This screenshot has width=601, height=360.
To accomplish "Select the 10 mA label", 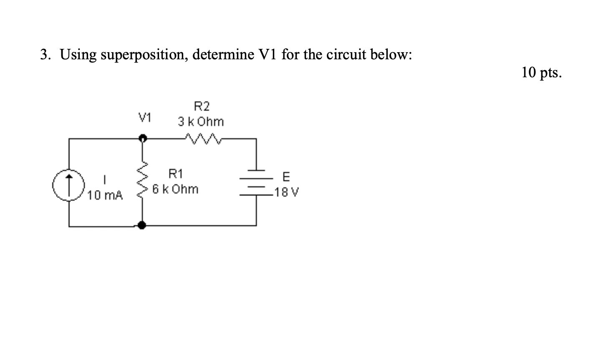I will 106,195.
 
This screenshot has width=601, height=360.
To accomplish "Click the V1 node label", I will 145,117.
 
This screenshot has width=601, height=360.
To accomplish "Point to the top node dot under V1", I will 142,138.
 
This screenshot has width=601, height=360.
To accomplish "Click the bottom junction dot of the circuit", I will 142,226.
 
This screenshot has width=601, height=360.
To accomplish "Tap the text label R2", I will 202,106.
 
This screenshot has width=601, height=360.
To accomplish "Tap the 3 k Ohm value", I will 201,122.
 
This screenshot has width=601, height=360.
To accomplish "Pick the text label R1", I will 175,173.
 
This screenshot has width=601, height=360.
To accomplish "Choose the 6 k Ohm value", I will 175,189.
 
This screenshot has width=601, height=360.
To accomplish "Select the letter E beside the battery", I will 286,177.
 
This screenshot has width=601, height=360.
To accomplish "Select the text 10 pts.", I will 541,73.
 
